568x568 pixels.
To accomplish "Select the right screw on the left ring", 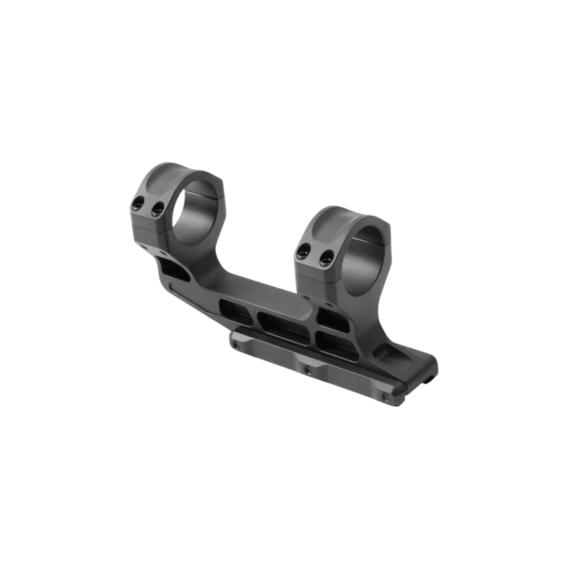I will [158, 208].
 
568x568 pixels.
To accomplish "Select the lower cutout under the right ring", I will [334, 341].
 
